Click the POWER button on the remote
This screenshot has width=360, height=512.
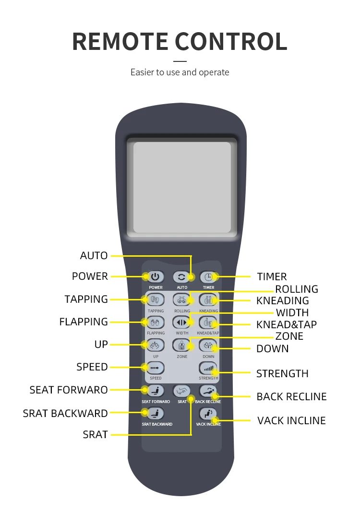[x=155, y=277]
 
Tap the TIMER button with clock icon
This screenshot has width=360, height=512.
[x=208, y=277]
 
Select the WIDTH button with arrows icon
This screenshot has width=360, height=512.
[x=182, y=322]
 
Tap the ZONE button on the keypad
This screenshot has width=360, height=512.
[x=182, y=345]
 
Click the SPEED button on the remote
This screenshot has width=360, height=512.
[x=155, y=368]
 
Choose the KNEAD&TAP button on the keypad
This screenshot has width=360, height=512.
[x=208, y=322]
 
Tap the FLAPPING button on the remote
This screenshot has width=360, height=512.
[x=155, y=322]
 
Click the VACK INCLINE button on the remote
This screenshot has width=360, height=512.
[x=208, y=414]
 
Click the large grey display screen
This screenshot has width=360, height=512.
[x=182, y=187]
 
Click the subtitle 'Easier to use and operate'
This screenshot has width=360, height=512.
[x=180, y=72]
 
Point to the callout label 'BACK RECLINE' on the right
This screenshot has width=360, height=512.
[x=291, y=397]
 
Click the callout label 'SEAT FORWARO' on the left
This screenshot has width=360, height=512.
[x=69, y=390]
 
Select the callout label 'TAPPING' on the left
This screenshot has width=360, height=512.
[x=86, y=299]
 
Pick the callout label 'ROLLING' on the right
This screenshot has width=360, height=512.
[x=297, y=289]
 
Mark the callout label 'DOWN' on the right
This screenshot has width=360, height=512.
[x=273, y=349]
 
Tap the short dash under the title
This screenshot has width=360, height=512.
[x=180, y=61]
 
